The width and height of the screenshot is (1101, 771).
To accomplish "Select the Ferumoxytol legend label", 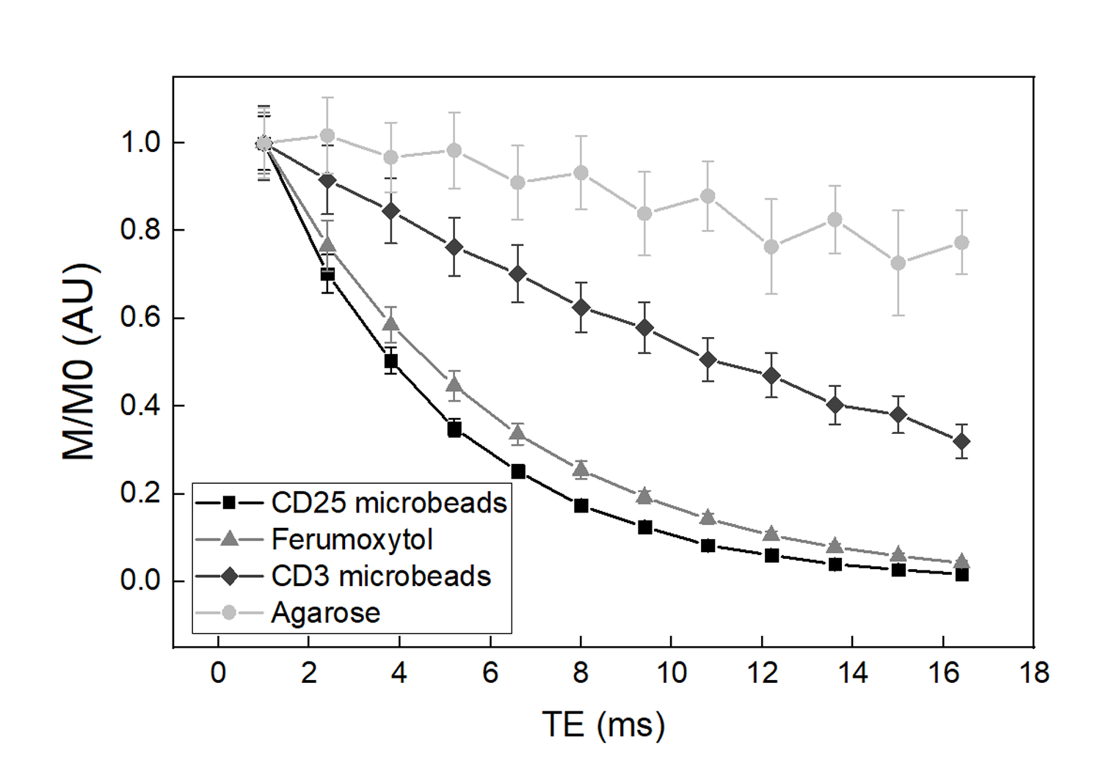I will pyautogui.click(x=352, y=540).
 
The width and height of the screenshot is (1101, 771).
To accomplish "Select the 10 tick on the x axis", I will pyautogui.click(x=671, y=673).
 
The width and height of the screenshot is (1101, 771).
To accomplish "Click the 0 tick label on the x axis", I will pyautogui.click(x=218, y=673).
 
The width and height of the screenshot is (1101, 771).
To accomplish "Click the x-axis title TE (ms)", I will pyautogui.click(x=603, y=725).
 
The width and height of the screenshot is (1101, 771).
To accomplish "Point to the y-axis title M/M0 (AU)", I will pyautogui.click(x=79, y=361).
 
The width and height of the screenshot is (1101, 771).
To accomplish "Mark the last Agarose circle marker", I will pyautogui.click(x=962, y=242).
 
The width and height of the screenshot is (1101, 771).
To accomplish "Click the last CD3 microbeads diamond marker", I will pyautogui.click(x=962, y=442).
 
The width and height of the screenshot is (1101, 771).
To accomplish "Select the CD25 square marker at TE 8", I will pyautogui.click(x=581, y=506).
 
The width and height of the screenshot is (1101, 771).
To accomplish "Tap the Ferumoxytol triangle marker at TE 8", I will pyautogui.click(x=581, y=469).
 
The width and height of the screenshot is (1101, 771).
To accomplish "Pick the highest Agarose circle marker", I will pyautogui.click(x=327, y=136).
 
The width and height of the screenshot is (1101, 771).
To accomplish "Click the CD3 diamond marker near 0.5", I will pyautogui.click(x=708, y=360).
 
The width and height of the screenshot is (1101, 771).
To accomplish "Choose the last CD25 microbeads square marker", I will pyautogui.click(x=962, y=575).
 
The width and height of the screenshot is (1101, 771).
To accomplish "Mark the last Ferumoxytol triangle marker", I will pyautogui.click(x=962, y=562).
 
